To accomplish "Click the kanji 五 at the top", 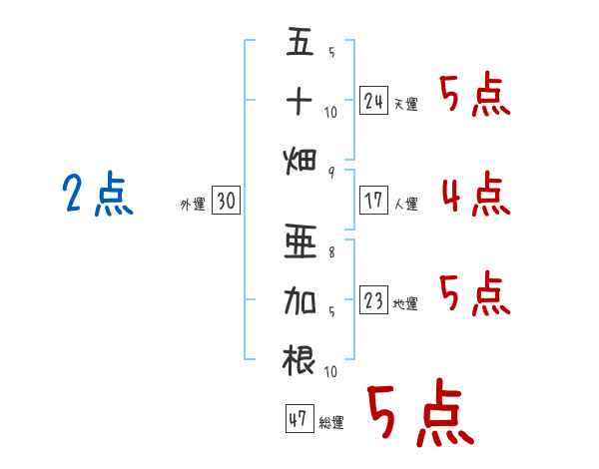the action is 300,41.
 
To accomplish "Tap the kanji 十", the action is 299,101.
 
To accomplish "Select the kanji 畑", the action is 299,161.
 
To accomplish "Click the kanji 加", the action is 299,301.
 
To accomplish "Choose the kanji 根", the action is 299,361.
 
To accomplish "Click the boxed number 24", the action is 373,101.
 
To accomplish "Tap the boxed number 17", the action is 373,201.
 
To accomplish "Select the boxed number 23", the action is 373,300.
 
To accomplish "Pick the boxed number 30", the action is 227,201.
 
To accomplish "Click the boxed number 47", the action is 299,418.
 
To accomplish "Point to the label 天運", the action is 406,104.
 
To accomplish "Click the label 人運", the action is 406,204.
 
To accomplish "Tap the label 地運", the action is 405,303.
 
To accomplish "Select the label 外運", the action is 193,204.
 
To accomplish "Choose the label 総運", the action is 331,422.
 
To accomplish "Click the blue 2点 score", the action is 98,194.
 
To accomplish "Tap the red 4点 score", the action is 476,194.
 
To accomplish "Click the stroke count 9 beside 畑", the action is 331,173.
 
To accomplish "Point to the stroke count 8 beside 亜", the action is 331,252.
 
